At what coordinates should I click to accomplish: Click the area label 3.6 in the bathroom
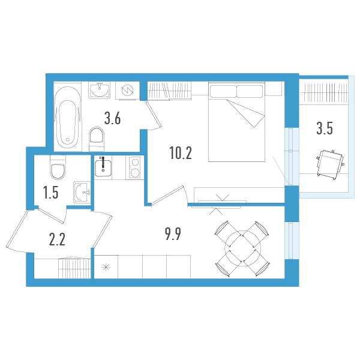pos(113,118)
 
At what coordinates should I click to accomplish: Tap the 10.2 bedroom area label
pos(180,154)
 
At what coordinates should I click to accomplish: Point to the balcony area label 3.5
pos(325,128)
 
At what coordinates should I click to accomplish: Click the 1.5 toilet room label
pos(50,193)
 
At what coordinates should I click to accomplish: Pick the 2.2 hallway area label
pos(57,240)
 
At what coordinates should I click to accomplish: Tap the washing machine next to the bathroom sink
pos(127,91)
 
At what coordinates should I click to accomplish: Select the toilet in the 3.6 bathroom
pos(96,140)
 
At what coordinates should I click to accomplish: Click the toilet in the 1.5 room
pos(58,170)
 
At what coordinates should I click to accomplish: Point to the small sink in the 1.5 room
pos(81,192)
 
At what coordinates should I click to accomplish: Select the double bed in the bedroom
pos(236,122)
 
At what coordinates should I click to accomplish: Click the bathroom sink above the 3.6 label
pos(99,91)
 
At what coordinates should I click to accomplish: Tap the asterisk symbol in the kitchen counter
pos(106,268)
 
